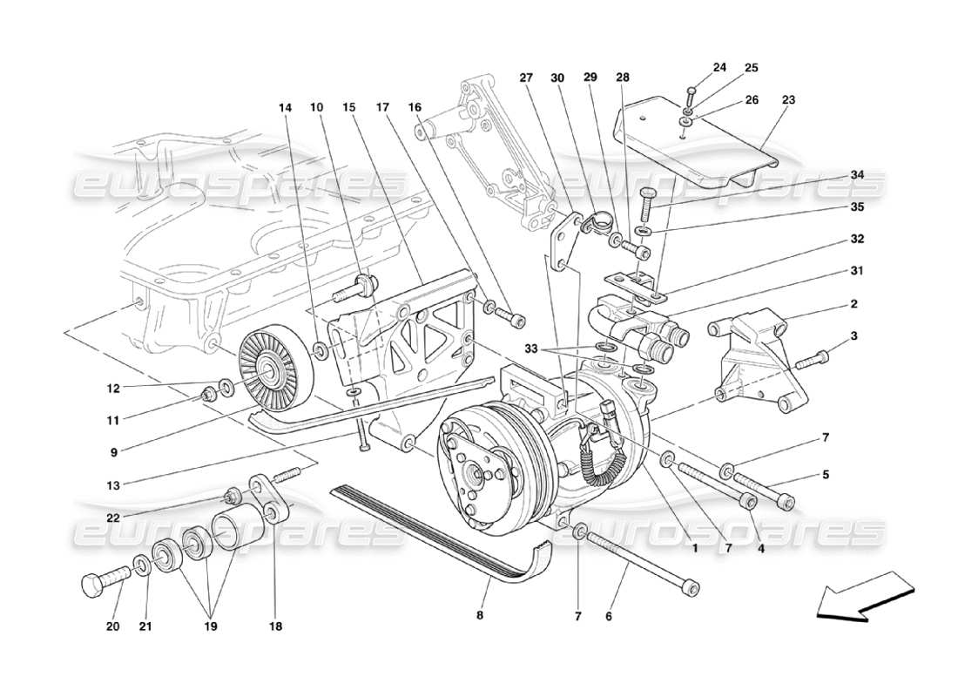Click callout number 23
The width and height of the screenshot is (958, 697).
click(x=789, y=100)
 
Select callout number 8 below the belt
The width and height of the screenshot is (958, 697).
click(x=479, y=614)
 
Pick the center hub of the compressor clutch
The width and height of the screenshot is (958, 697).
click(x=476, y=477)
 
